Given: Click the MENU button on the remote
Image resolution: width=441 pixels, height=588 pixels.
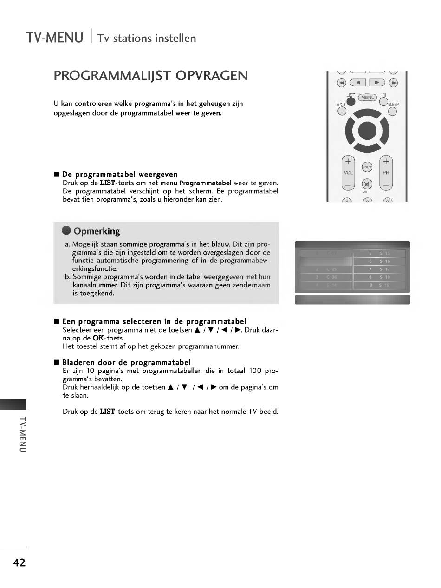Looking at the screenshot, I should pos(368,98).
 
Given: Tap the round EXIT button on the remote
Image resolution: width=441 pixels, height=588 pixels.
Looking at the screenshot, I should pos(342,111).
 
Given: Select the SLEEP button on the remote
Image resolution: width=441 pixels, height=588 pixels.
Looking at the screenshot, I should pos(392,111).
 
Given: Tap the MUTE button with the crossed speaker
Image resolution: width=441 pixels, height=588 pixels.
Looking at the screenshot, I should pos(367,183).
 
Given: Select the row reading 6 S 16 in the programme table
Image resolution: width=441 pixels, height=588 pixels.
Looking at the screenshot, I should pos(379,261).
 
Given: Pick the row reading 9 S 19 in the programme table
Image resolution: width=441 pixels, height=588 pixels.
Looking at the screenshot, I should pos(379,285).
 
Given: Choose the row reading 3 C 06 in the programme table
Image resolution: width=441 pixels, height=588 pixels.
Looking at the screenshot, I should pos(326,277).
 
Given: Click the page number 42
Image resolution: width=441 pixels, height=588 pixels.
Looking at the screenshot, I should pos(19,562).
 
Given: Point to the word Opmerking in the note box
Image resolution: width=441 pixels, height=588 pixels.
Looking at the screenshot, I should pos(97,231).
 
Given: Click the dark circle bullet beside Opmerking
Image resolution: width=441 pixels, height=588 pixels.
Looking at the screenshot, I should pos(67,231).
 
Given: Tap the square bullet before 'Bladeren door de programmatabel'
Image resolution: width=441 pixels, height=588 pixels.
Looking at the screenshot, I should pos(57,363).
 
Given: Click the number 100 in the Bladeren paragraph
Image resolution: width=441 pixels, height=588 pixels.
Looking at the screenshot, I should pos(256,371).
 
